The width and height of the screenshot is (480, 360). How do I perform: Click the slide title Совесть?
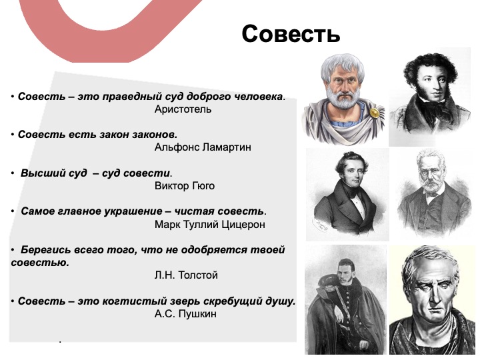click(x=291, y=34)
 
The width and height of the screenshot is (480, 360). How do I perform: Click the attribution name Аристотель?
click(x=183, y=109)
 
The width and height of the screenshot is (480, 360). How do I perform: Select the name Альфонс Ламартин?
click(x=203, y=147)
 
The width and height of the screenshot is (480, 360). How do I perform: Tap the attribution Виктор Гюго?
click(x=185, y=185)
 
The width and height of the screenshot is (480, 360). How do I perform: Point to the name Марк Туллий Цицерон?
click(x=210, y=225)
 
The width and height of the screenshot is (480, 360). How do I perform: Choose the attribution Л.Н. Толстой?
click(x=186, y=275)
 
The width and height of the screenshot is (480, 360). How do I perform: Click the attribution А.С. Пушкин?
click(x=185, y=313)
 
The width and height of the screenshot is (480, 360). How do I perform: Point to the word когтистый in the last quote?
click(x=136, y=301)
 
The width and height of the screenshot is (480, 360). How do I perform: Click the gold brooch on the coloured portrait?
click(x=374, y=113)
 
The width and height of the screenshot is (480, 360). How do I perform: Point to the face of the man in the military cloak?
click(x=346, y=273)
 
